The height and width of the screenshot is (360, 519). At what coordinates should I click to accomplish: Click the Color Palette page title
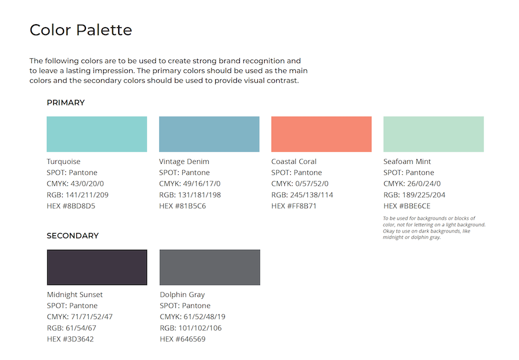point(81,30)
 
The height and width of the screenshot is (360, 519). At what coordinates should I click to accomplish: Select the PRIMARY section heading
point(66,103)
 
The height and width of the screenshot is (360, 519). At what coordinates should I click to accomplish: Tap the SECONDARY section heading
point(73,235)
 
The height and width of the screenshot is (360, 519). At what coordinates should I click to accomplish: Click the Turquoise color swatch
point(97,134)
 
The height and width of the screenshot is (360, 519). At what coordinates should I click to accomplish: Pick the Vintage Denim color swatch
point(209,134)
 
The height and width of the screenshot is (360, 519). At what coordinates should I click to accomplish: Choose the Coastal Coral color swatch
point(321,134)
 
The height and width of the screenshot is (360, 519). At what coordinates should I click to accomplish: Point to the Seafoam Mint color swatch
point(433,134)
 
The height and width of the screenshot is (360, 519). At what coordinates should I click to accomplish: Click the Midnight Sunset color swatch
point(97,267)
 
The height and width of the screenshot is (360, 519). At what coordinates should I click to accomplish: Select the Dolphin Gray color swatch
point(209,267)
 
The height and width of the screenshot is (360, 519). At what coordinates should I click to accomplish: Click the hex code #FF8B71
point(294,206)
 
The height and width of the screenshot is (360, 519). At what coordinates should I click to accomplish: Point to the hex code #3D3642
point(70,339)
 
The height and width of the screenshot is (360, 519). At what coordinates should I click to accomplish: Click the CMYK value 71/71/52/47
point(80,317)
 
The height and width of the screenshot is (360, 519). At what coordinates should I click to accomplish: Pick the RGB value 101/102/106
point(190,328)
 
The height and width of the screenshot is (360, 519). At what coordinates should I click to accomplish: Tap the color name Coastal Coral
point(294,162)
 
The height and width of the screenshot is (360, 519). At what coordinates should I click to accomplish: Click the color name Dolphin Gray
point(182,295)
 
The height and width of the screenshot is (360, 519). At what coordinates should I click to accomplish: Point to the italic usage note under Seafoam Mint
point(434,227)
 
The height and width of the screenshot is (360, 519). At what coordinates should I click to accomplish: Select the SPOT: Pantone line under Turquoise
point(72,172)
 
